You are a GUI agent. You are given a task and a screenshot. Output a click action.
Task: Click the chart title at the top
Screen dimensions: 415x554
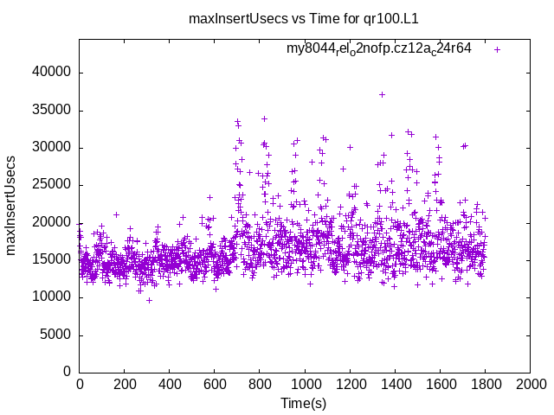pyautogui.click(x=304, y=18)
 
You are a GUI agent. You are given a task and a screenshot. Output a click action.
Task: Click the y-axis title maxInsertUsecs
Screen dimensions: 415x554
pyautogui.click(x=11, y=205)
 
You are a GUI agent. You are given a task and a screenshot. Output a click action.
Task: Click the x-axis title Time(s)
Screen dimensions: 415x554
pyautogui.click(x=304, y=403)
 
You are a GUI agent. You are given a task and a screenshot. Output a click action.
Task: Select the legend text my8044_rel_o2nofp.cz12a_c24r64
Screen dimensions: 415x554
pyautogui.click(x=379, y=48)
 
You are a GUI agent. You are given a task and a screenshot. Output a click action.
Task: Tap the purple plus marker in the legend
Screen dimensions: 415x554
pyautogui.click(x=497, y=49)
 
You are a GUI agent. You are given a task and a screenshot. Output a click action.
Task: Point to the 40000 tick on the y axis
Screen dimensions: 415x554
pyautogui.click(x=50, y=73)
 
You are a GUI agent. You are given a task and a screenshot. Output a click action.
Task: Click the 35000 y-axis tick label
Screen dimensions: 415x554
pyautogui.click(x=50, y=111)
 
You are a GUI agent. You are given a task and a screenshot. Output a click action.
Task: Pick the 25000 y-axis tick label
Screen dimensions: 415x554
pyautogui.click(x=50, y=185)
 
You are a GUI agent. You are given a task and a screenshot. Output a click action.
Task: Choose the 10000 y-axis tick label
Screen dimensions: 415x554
pyautogui.click(x=50, y=297)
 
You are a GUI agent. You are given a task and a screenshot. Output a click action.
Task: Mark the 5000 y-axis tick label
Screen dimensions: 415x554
pyautogui.click(x=54, y=335)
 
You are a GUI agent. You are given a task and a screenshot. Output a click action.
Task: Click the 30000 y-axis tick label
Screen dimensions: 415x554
pyautogui.click(x=50, y=148)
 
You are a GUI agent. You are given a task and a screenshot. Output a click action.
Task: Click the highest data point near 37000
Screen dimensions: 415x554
pyautogui.click(x=382, y=94)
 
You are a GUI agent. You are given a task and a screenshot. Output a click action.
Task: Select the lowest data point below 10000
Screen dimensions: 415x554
pyautogui.click(x=149, y=300)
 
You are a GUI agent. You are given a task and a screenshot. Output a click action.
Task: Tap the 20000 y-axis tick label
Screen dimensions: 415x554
pyautogui.click(x=50, y=222)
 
